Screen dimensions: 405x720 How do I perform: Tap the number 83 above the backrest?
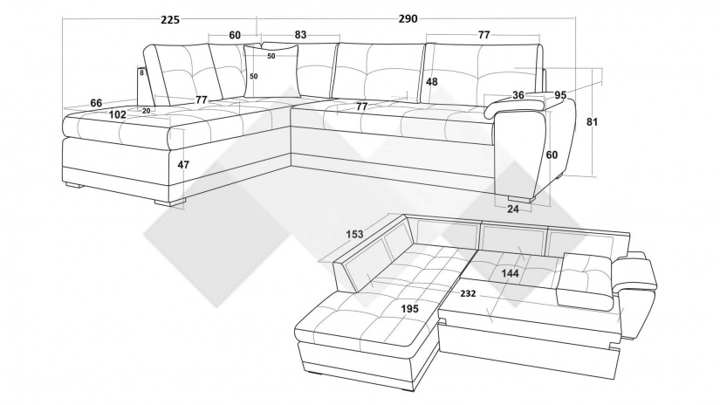pyautogui.click(x=299, y=35)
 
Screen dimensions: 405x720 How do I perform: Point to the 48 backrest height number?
pyautogui.click(x=431, y=82)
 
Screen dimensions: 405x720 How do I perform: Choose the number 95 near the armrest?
pyautogui.click(x=560, y=95)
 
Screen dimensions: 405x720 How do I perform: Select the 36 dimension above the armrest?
pyautogui.click(x=518, y=95)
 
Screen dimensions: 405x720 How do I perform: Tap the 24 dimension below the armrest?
pyautogui.click(x=513, y=209)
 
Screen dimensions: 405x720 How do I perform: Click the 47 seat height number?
pyautogui.click(x=183, y=164)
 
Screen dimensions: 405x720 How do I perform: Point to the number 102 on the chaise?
pyautogui.click(x=119, y=113)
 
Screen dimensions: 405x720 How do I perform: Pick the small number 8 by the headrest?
pyautogui.click(x=141, y=74)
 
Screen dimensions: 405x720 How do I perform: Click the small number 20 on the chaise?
pyautogui.click(x=146, y=111)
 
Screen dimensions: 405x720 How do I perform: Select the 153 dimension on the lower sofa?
pyautogui.click(x=354, y=234)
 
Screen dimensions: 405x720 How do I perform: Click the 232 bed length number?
pyautogui.click(x=468, y=294)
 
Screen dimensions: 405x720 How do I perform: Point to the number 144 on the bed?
pyautogui.click(x=510, y=273)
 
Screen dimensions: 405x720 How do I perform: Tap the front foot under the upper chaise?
pyautogui.click(x=172, y=202)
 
